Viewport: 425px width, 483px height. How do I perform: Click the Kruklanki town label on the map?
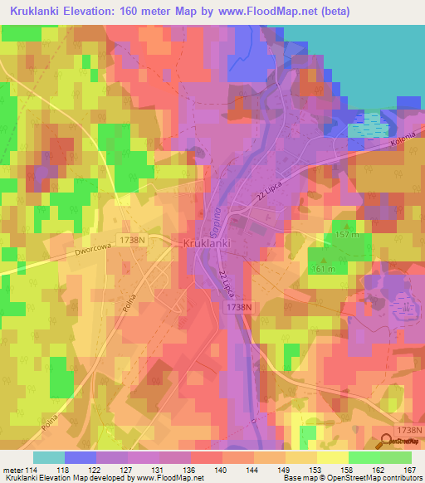(x=207, y=244)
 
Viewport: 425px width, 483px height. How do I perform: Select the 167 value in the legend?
(x=408, y=471)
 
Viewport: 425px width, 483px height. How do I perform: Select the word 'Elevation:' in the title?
(x=100, y=12)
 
